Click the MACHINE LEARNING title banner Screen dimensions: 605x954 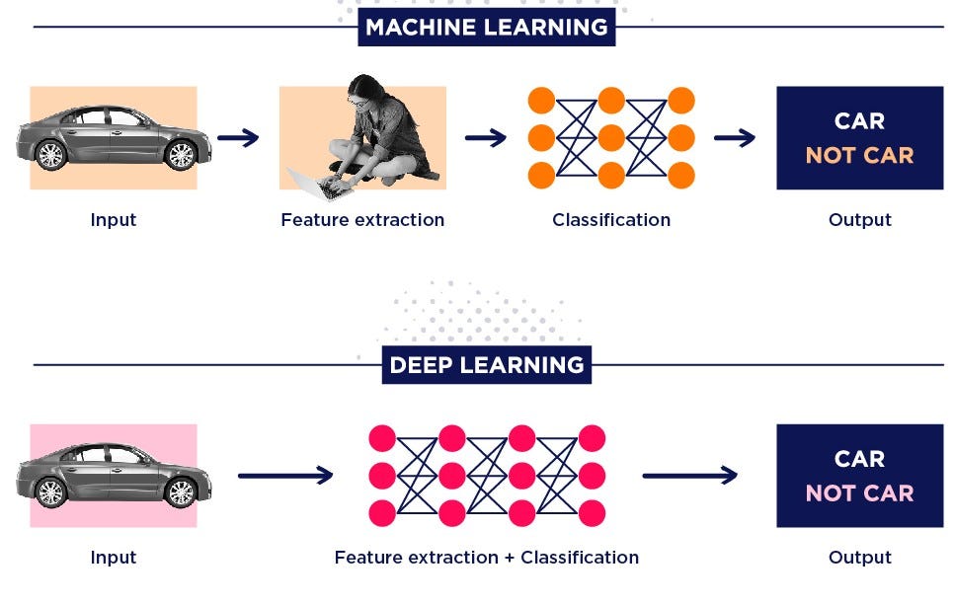click(x=486, y=27)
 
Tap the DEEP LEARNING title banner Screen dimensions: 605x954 click(x=486, y=364)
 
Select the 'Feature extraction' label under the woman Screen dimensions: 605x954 click(x=362, y=220)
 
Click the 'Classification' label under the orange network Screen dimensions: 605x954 click(x=610, y=220)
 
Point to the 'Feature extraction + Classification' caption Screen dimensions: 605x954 click(x=486, y=558)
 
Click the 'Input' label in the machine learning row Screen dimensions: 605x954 click(x=113, y=220)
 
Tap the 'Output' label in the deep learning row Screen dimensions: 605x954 click(x=859, y=558)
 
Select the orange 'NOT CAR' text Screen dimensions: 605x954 click(x=859, y=155)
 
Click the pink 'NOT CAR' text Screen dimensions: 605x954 click(x=859, y=492)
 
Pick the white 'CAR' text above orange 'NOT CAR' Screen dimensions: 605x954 click(x=859, y=121)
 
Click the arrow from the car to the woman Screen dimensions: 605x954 click(x=238, y=138)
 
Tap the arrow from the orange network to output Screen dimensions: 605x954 click(x=734, y=138)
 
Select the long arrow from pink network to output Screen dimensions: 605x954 click(x=689, y=476)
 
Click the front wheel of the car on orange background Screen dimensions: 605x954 click(x=181, y=155)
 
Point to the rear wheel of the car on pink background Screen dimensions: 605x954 click(x=50, y=492)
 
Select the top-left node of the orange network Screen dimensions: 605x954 click(x=541, y=101)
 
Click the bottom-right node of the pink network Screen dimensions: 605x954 click(x=592, y=513)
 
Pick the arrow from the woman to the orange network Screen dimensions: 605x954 click(x=485, y=138)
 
